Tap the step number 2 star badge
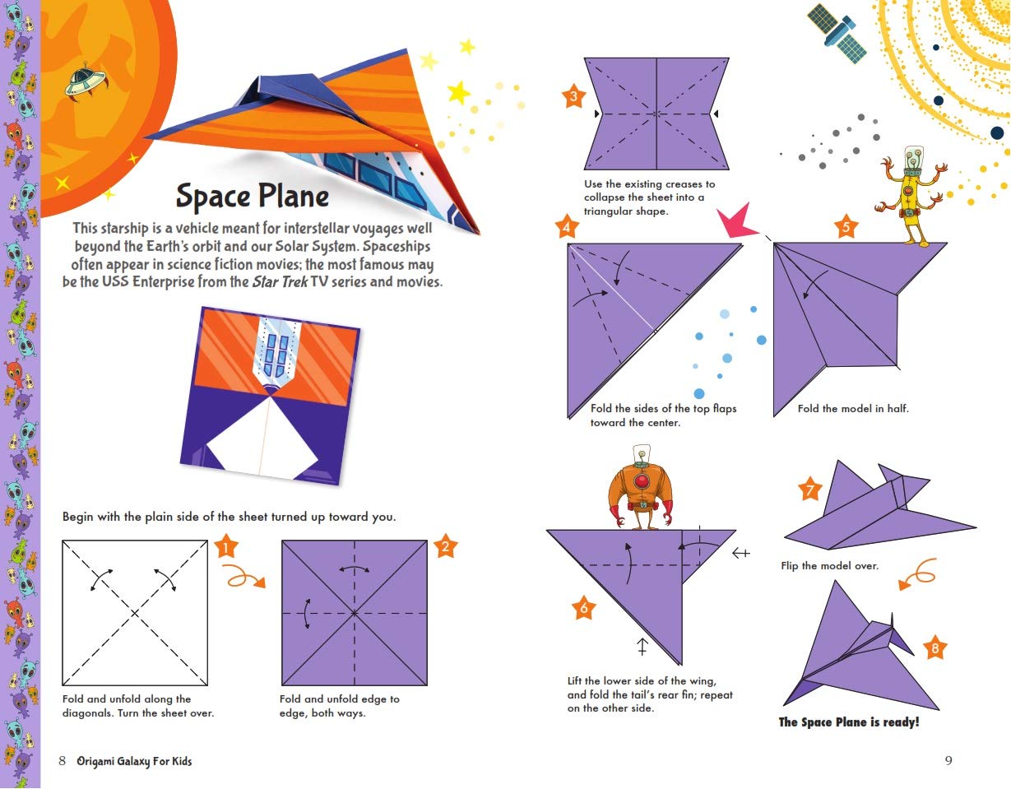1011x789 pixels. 445,546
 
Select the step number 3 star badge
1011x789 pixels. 573,98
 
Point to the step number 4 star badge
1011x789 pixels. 566,227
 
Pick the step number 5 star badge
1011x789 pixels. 846,227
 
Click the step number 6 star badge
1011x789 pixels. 583,609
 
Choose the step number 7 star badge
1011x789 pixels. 810,491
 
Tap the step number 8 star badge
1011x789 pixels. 934,648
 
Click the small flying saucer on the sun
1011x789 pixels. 81,80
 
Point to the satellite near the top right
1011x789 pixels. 837,33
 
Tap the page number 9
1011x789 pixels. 948,761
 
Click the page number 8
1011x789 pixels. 63,761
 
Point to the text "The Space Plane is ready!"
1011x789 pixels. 848,722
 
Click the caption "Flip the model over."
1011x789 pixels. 829,566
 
